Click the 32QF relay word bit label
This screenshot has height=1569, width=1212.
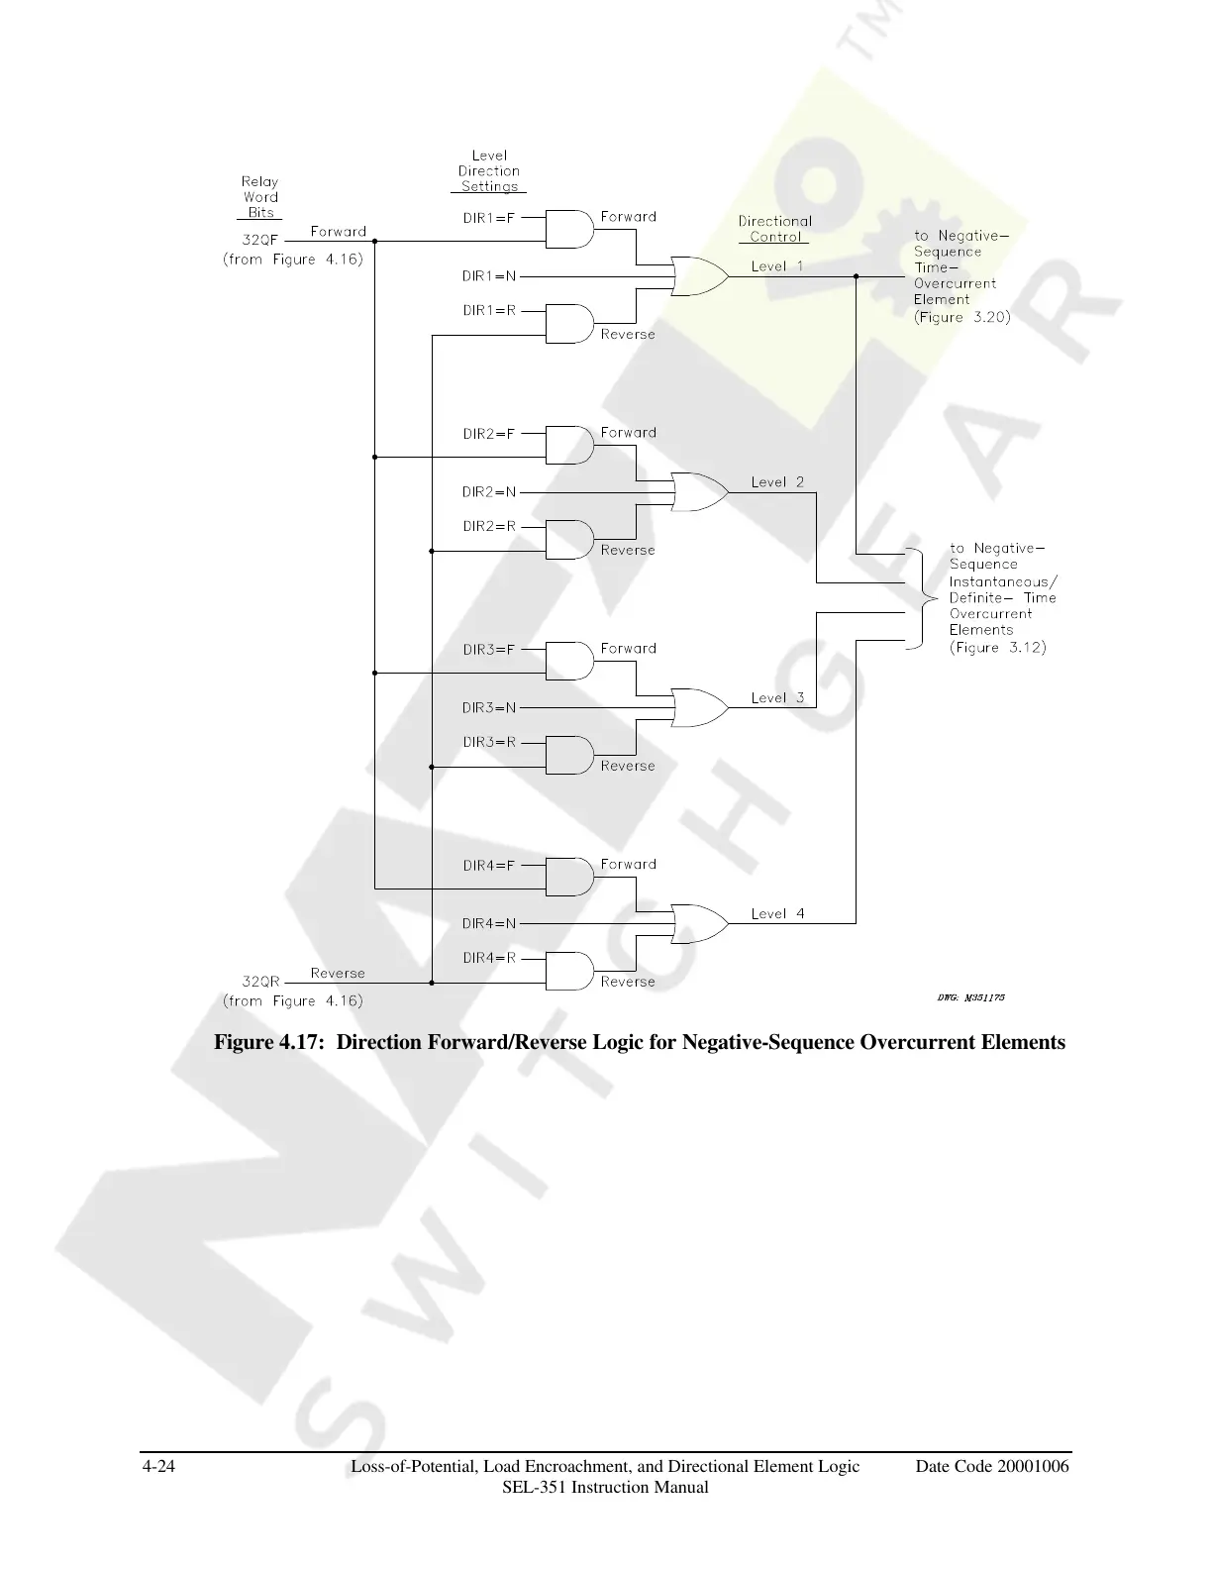tap(260, 240)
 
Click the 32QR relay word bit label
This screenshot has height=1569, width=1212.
tap(260, 982)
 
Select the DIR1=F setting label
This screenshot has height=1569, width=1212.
tap(489, 218)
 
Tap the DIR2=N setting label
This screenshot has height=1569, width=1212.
tap(489, 492)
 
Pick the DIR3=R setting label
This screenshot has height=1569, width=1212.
tap(489, 742)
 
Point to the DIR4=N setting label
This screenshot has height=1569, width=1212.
tap(489, 924)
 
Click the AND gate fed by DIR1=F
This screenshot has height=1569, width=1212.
tap(569, 229)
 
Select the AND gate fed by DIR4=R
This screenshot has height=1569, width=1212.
tap(569, 972)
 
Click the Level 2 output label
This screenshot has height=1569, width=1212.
tap(777, 482)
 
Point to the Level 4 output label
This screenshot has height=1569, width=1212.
tap(777, 914)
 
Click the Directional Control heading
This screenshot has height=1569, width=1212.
tap(774, 229)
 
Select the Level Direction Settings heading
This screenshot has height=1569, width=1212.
tap(489, 171)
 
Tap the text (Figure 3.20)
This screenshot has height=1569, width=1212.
tap(961, 318)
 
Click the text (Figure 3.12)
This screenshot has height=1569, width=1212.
tap(997, 648)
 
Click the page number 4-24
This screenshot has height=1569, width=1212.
tap(159, 1467)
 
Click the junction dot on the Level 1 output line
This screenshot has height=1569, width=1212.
tap(856, 277)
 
